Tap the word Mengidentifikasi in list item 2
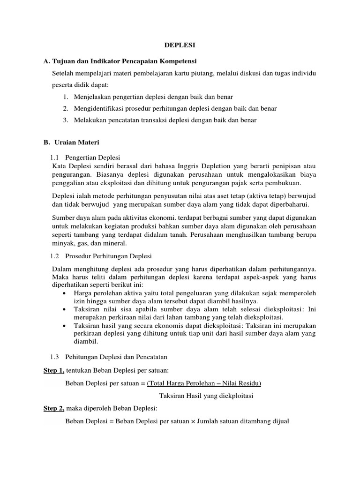(x=97, y=108)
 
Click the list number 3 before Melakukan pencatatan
(x=65, y=120)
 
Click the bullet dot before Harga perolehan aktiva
(x=63, y=293)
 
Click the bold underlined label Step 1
(x=53, y=371)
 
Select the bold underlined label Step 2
(x=53, y=409)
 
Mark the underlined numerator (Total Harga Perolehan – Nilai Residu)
(x=204, y=383)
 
